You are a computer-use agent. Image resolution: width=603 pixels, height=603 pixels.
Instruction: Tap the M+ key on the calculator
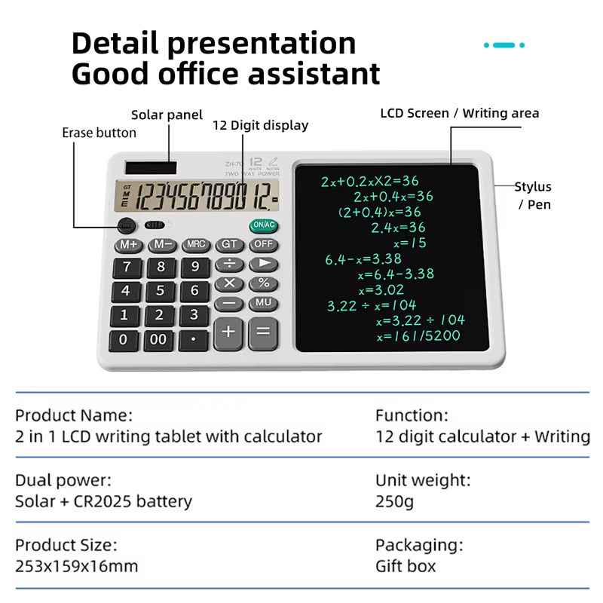128,245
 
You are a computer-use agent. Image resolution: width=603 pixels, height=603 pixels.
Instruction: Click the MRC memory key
196,245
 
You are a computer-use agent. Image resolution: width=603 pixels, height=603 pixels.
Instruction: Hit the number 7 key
127,268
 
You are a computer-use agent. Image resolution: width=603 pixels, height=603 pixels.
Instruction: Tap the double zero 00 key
158,340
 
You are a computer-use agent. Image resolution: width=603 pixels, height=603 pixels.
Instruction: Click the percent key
263,284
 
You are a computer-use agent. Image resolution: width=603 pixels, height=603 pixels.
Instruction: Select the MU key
263,303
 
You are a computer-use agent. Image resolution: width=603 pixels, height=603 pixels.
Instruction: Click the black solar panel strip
151,167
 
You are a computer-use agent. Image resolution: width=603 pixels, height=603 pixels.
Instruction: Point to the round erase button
127,225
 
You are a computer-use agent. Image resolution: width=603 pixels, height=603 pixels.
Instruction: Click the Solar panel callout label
167,115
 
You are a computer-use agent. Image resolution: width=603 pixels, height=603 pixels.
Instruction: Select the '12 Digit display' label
261,125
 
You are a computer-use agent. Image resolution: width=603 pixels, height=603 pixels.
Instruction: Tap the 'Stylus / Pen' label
533,195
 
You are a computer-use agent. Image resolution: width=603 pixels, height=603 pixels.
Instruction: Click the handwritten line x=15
410,243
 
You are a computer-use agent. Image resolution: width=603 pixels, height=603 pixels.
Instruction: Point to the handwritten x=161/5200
418,335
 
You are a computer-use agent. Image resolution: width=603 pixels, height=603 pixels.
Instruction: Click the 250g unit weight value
394,501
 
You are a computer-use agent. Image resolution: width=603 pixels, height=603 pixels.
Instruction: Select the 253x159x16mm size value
77,566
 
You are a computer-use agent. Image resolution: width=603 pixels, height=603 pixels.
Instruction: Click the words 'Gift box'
406,566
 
